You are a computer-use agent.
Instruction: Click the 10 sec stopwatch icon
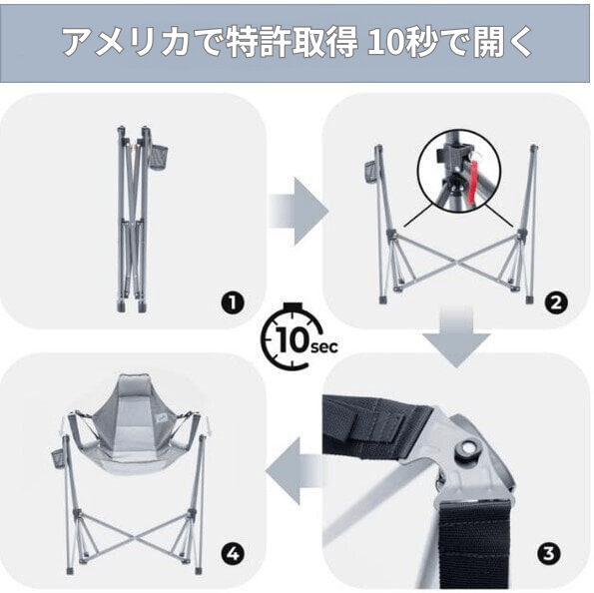point(295,338)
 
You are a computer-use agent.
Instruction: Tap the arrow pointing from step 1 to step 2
point(300,211)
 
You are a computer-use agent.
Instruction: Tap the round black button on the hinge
point(464,450)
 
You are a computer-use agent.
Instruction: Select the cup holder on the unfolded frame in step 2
point(370,169)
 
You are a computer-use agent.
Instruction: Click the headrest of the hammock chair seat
point(130,392)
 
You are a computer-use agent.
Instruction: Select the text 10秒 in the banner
point(400,43)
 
